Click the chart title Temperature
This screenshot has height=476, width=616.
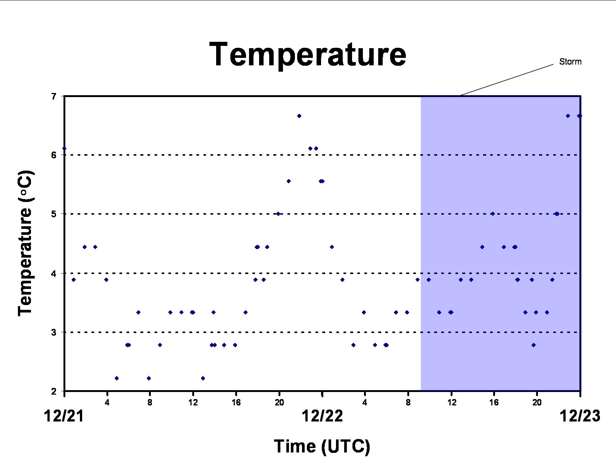tap(308, 54)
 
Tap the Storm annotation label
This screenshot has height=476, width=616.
tap(570, 62)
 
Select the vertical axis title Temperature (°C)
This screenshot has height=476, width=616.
tap(26, 243)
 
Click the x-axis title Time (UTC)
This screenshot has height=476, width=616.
tap(322, 447)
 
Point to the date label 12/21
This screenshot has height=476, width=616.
tap(64, 416)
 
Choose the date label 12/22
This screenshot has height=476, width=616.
tap(322, 416)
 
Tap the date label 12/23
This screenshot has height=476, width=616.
tap(580, 416)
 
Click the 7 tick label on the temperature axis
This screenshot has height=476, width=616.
tap(54, 96)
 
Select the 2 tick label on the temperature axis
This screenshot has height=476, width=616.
tap(54, 392)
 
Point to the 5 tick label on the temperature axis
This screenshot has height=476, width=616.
tap(54, 214)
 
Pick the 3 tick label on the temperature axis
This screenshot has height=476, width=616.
tap(54, 332)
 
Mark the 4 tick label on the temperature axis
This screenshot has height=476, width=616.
tap(54, 274)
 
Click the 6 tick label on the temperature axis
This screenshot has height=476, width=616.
tap(54, 155)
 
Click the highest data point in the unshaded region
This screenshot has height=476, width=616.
tap(299, 116)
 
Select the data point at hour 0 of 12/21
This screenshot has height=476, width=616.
tap(64, 149)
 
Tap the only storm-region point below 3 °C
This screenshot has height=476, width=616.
tap(533, 345)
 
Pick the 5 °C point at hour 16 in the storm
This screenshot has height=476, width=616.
tap(493, 214)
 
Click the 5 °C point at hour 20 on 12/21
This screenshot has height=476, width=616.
tap(278, 214)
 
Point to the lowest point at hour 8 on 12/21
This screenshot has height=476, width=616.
tap(149, 378)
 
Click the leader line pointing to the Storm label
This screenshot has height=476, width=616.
tap(507, 80)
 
